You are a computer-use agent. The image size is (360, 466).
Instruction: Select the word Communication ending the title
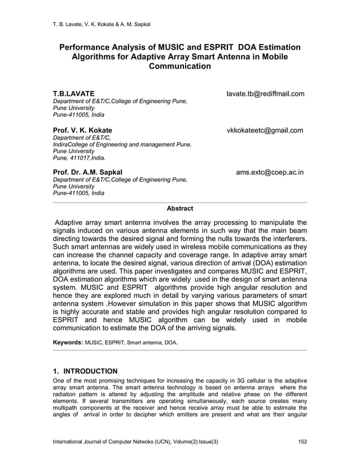click(179, 67)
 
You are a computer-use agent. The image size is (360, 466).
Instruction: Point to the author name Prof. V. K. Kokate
click(82, 130)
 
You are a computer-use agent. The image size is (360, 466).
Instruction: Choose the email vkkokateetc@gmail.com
click(265, 130)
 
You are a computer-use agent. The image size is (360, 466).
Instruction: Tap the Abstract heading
click(179, 209)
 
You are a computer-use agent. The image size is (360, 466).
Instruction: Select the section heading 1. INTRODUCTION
click(85, 371)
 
